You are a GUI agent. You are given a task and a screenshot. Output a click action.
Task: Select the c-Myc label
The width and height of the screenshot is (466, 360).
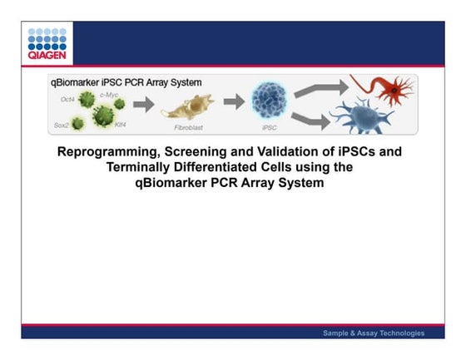(110, 96)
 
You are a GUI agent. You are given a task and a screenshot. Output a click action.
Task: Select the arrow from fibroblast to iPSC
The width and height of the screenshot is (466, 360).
(232, 104)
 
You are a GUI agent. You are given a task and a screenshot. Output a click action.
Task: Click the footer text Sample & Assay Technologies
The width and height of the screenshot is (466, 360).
(374, 333)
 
